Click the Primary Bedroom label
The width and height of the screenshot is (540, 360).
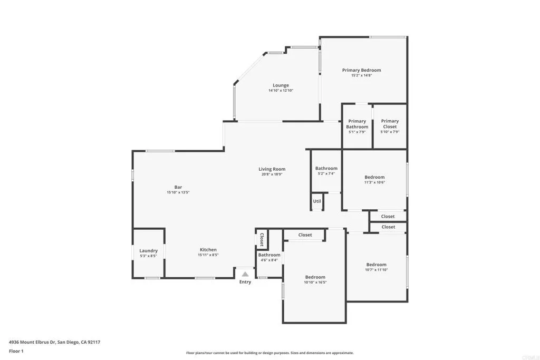point(361,70)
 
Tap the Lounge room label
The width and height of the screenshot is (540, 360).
point(281,85)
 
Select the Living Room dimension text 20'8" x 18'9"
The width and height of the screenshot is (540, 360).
point(272,174)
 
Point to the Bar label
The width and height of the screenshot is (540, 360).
point(178,187)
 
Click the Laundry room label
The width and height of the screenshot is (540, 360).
point(148,251)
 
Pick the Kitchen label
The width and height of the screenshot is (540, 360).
point(208,250)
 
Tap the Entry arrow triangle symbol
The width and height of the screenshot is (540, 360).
point(245,274)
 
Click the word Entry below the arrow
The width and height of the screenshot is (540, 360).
point(245,282)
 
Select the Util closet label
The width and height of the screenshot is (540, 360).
point(317,201)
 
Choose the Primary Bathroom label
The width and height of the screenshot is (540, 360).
point(357,124)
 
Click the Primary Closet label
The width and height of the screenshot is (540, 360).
point(390,124)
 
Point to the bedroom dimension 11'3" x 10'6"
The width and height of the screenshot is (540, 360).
point(374,182)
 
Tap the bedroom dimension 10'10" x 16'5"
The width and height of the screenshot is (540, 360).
point(315,282)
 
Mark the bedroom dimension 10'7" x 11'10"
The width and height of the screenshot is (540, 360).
point(377,270)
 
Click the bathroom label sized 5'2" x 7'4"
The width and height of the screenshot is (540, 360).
point(326,169)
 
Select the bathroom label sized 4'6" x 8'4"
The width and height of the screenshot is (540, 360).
point(269,255)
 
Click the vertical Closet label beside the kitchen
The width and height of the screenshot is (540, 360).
point(261,239)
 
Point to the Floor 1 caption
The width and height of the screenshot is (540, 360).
point(16,351)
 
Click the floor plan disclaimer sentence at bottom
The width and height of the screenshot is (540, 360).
point(269,353)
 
